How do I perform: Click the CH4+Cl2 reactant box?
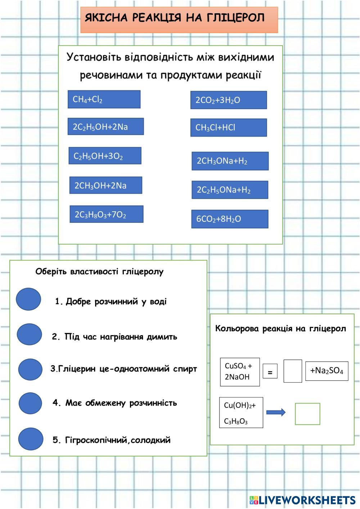click(x=104, y=99)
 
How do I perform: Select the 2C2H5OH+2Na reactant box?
click(x=106, y=126)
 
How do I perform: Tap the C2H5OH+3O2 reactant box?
click(x=105, y=156)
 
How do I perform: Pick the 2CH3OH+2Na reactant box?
click(x=106, y=185)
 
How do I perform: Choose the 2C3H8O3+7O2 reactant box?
click(x=107, y=214)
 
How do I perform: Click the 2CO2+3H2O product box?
click(x=229, y=100)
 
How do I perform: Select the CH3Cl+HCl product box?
click(x=229, y=127)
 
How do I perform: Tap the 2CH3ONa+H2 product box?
click(x=230, y=161)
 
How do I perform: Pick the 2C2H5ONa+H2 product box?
click(x=230, y=190)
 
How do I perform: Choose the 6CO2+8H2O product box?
click(x=230, y=219)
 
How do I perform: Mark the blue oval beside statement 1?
click(x=28, y=299)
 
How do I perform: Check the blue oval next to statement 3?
click(x=30, y=369)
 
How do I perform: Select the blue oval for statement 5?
click(x=31, y=439)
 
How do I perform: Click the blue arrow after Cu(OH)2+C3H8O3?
click(x=276, y=413)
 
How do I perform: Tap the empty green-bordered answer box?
click(x=307, y=414)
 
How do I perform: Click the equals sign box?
click(x=270, y=371)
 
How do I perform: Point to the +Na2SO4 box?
click(x=327, y=371)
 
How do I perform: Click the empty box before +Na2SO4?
click(x=293, y=371)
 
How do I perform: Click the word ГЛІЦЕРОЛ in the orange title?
click(x=235, y=18)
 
